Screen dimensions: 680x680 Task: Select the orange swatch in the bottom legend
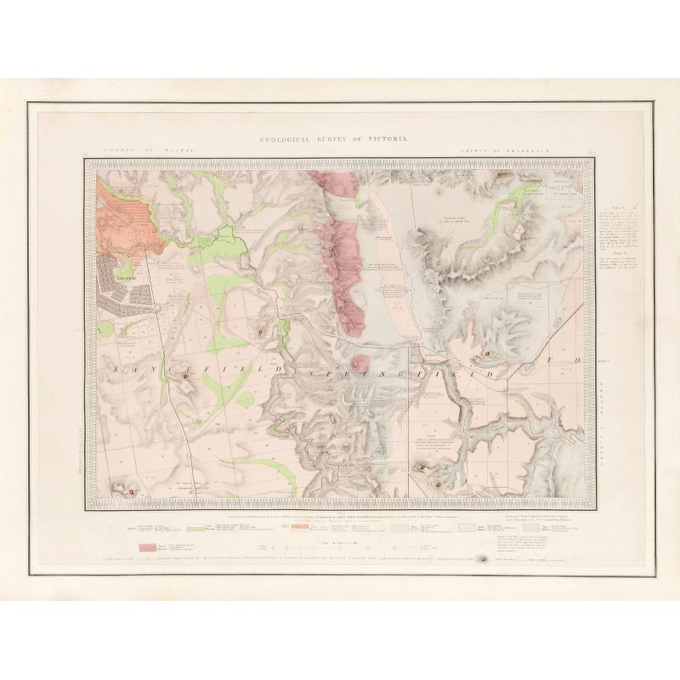(298, 527)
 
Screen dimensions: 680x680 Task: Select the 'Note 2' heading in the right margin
(618, 253)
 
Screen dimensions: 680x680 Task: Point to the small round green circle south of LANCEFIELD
(245, 399)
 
